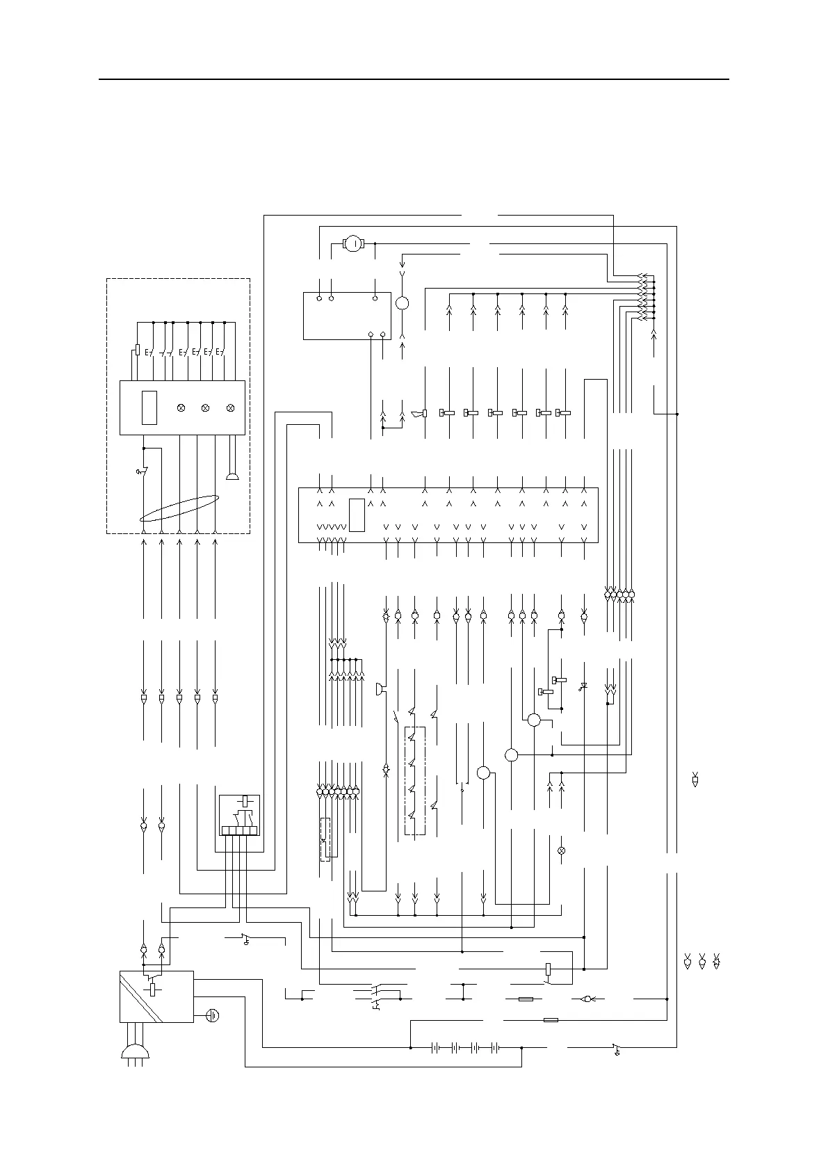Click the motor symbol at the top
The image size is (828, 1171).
click(x=353, y=243)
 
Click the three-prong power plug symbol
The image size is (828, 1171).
click(x=136, y=1051)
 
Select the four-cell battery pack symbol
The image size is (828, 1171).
click(x=464, y=1047)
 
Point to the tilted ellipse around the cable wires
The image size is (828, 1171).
click(x=179, y=508)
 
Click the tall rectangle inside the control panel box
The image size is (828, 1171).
click(x=149, y=407)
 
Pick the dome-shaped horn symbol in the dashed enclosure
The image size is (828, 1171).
click(x=232, y=477)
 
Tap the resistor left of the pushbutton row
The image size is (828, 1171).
click(x=138, y=349)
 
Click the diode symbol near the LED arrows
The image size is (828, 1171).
click(x=583, y=686)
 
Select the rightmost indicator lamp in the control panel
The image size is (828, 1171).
click(x=230, y=407)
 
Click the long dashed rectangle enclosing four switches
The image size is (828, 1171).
click(x=414, y=781)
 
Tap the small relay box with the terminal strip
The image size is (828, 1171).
click(x=240, y=814)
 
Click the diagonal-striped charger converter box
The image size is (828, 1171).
click(x=156, y=996)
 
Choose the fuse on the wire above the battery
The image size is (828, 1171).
click(x=550, y=1020)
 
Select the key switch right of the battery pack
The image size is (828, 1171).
click(x=616, y=1048)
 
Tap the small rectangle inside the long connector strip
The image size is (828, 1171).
click(x=357, y=515)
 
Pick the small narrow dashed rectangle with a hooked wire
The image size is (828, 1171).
click(x=325, y=839)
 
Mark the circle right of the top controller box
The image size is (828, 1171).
click(x=403, y=303)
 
